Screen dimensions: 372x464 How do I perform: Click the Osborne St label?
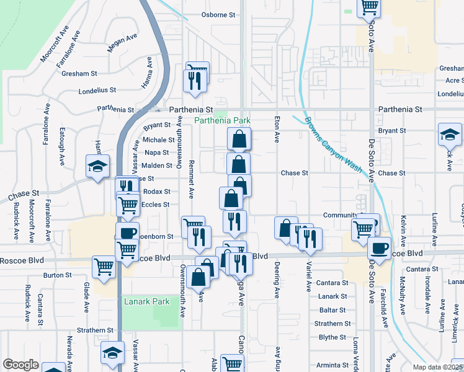tap(219, 15)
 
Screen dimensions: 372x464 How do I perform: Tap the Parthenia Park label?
tap(223, 120)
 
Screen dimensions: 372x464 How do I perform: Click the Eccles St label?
tap(155, 205)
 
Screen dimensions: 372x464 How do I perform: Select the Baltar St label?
tap(332, 310)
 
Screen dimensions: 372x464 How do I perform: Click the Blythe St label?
tap(332, 337)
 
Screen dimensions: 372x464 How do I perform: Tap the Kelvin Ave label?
tap(403, 229)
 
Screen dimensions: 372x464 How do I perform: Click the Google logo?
tap(20, 365)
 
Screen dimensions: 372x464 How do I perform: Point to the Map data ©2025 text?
tap(437, 367)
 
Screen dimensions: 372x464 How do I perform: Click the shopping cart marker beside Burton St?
tap(104, 267)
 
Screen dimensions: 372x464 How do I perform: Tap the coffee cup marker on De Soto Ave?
tap(379, 248)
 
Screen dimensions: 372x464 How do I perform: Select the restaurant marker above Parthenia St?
tap(194, 82)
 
